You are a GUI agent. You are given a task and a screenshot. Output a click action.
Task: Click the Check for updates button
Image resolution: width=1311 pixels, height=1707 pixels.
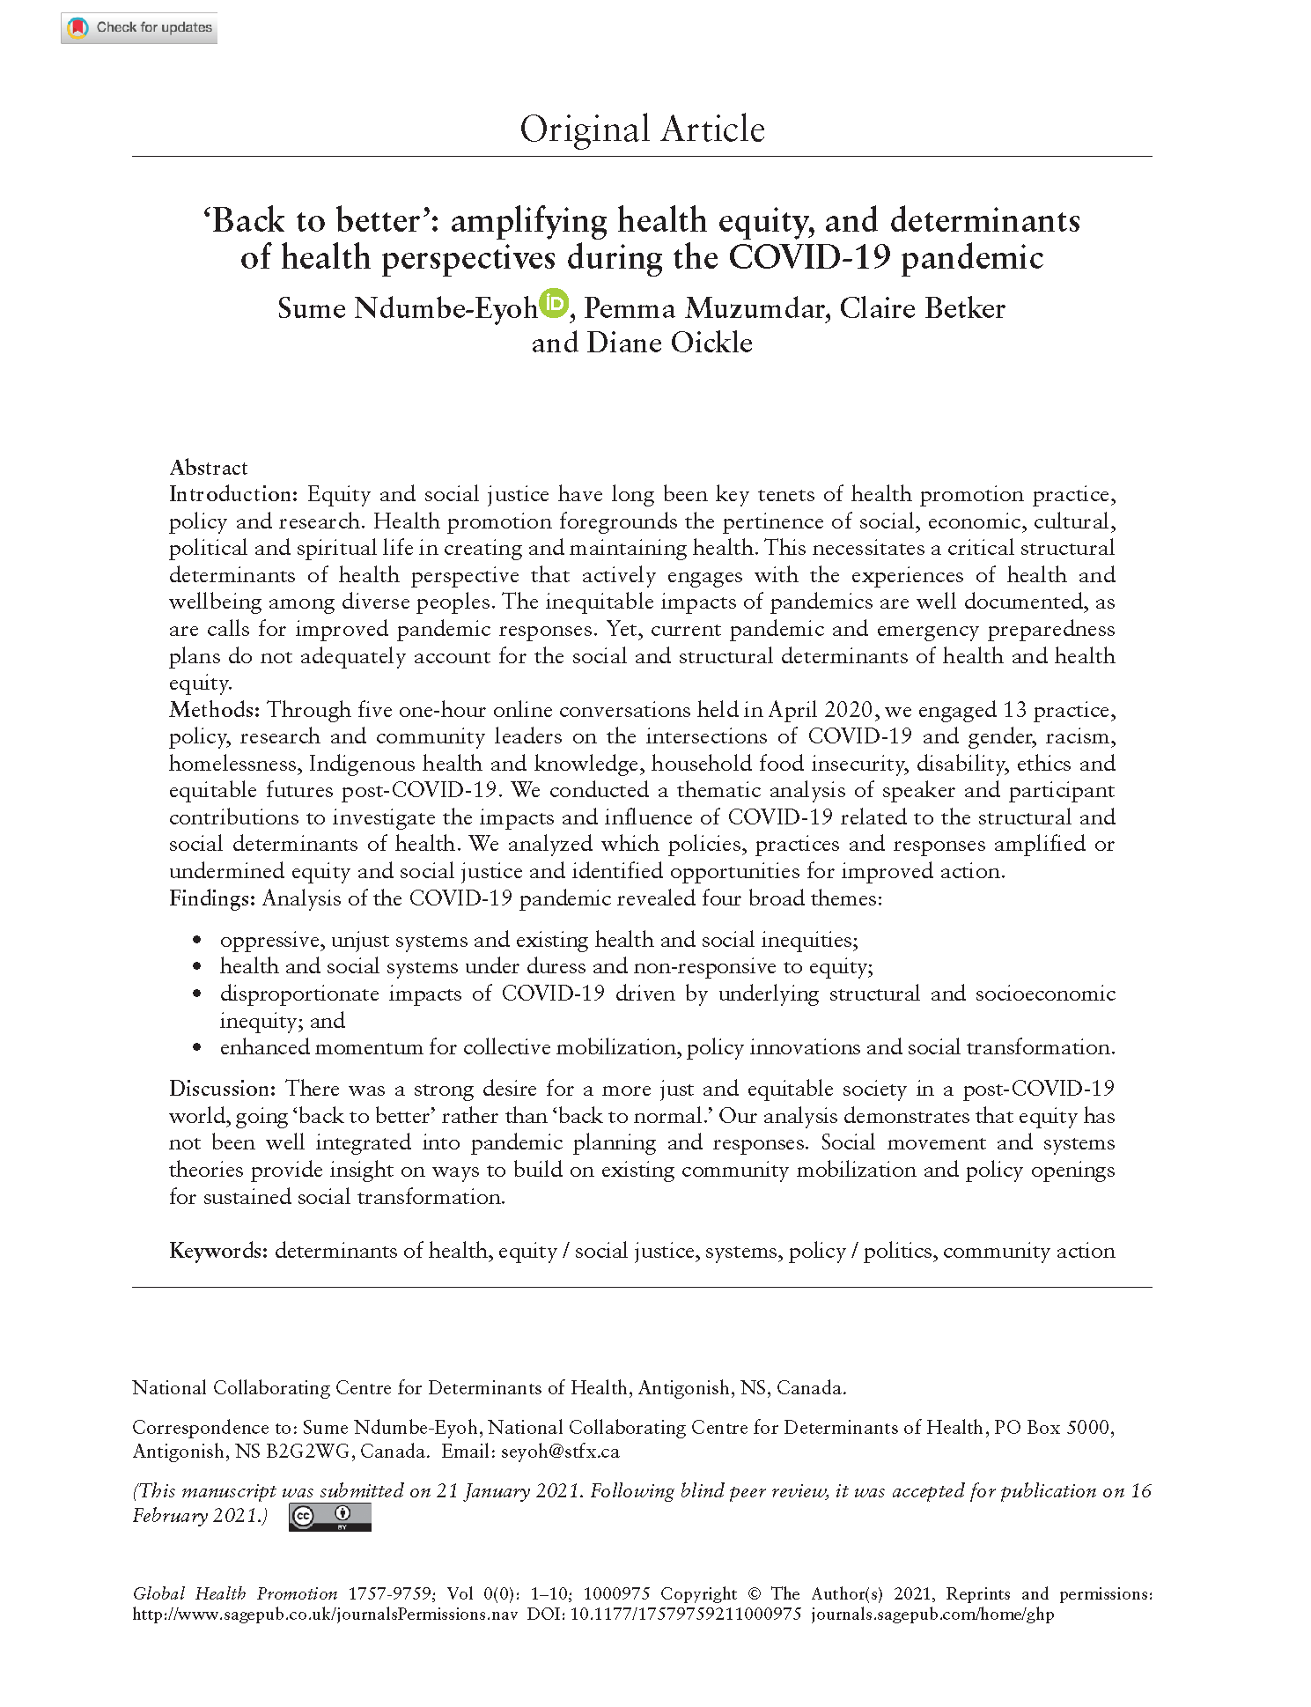pyautogui.click(x=139, y=28)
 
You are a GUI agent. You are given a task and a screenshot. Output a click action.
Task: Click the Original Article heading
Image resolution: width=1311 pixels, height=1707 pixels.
pyautogui.click(x=642, y=129)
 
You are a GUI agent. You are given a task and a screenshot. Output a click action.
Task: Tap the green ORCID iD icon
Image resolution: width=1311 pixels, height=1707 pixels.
pyautogui.click(x=555, y=303)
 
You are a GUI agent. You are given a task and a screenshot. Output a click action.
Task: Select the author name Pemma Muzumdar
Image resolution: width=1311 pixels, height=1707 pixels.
pyautogui.click(x=704, y=308)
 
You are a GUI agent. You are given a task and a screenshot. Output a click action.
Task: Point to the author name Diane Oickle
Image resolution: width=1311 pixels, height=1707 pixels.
pyautogui.click(x=669, y=343)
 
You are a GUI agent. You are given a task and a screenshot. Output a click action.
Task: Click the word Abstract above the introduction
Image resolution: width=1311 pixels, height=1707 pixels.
pyautogui.click(x=209, y=468)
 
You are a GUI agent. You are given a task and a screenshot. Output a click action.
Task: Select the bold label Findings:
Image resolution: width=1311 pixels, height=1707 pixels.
pyautogui.click(x=212, y=898)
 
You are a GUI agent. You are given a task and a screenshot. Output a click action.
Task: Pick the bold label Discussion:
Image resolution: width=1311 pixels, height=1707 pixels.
pyautogui.click(x=223, y=1089)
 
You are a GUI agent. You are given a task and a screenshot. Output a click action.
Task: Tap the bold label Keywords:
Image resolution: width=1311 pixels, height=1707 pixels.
pyautogui.click(x=217, y=1251)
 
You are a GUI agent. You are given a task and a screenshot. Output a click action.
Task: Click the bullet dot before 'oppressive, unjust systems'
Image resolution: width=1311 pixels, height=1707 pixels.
pyautogui.click(x=197, y=941)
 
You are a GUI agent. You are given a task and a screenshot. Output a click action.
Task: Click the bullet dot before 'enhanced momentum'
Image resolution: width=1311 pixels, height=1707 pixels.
pyautogui.click(x=197, y=1048)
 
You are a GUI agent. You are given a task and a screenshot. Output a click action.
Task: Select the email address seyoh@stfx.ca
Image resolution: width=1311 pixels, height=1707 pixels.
pyautogui.click(x=560, y=1452)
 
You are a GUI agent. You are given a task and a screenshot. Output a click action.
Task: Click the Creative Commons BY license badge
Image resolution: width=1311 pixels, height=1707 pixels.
pyautogui.click(x=329, y=1517)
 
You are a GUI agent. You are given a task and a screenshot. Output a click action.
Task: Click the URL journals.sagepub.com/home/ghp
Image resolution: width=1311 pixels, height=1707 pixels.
pyautogui.click(x=932, y=1615)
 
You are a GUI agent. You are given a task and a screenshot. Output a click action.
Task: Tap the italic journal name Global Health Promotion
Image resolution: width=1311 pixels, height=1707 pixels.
pyautogui.click(x=235, y=1594)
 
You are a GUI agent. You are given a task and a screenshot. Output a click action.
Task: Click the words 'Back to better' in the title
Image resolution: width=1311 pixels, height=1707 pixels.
pyautogui.click(x=317, y=220)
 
